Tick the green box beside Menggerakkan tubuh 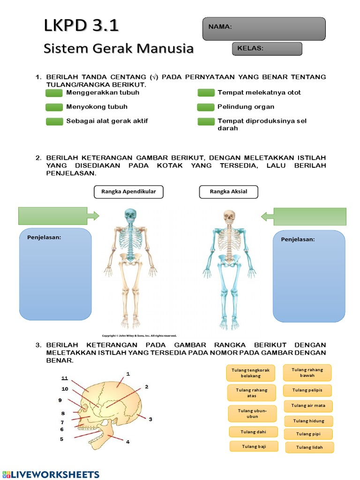click(x=54, y=93)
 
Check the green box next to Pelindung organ click(x=206, y=107)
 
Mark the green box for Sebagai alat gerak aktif click(x=54, y=121)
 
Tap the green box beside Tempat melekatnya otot click(x=206, y=93)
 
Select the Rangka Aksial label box click(x=228, y=191)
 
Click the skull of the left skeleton click(x=130, y=216)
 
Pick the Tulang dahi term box click(x=253, y=432)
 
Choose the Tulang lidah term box click(x=309, y=447)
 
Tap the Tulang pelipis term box click(x=307, y=390)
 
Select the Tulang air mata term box click(x=308, y=405)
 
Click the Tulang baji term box click(x=254, y=447)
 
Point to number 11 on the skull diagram click(x=65, y=378)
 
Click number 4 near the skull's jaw click(x=127, y=442)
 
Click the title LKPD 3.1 click(x=81, y=26)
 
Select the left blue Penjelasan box click(x=55, y=274)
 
